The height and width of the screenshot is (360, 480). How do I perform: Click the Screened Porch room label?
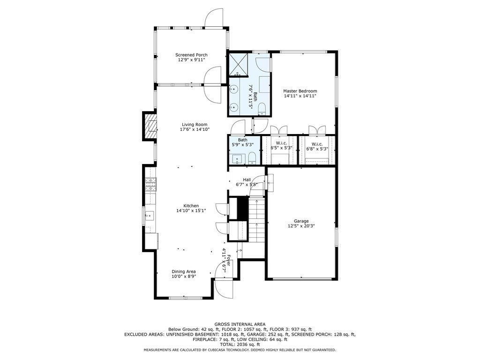(191, 55)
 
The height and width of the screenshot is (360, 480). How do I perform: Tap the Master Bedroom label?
(300, 91)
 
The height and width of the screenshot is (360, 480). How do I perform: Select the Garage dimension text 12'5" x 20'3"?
(301, 226)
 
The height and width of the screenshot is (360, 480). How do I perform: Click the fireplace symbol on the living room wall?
(150, 126)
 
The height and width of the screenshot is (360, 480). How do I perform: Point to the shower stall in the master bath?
(238, 64)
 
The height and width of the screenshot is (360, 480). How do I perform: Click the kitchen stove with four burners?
(151, 186)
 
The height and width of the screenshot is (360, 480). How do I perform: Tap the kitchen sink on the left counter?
(150, 215)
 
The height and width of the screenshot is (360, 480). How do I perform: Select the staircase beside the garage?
(256, 219)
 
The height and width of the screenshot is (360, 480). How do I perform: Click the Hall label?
(247, 180)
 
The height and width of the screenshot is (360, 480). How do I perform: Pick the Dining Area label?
(184, 271)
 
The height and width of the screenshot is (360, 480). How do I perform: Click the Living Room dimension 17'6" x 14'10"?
(195, 129)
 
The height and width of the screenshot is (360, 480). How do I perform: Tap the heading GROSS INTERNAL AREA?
(240, 324)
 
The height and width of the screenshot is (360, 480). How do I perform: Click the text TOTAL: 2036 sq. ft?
(240, 345)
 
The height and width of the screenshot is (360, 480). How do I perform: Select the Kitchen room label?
(191, 206)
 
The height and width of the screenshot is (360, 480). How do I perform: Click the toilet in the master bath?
(262, 109)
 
